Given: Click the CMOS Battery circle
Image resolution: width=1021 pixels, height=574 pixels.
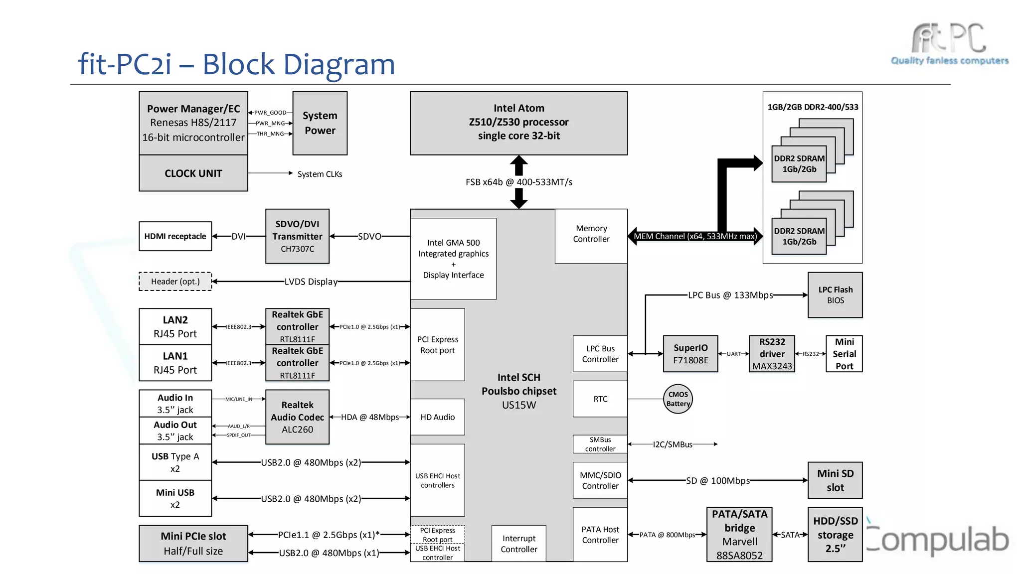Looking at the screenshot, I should pyautogui.click(x=678, y=399).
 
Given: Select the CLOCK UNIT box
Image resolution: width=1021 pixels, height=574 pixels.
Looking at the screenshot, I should pyautogui.click(x=193, y=173).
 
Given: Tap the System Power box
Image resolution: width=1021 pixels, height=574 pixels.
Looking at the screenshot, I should pyautogui.click(x=320, y=123).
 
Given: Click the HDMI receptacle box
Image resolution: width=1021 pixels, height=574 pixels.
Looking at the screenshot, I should pyautogui.click(x=175, y=236).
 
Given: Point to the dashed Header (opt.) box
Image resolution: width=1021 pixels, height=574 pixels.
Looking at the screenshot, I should pyautogui.click(x=175, y=282).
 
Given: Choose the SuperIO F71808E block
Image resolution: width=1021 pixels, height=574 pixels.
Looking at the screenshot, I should pyautogui.click(x=690, y=354).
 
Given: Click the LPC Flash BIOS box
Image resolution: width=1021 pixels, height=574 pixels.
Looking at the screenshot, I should pyautogui.click(x=835, y=295).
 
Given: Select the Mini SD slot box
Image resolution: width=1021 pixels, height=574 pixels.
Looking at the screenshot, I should pyautogui.click(x=835, y=480).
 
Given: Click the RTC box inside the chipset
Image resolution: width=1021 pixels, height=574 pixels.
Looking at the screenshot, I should pyautogui.click(x=600, y=399).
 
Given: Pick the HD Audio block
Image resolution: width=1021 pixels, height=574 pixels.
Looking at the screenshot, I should pyautogui.click(x=437, y=417).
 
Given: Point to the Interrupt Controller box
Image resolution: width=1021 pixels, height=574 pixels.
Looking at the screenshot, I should pyautogui.click(x=518, y=544).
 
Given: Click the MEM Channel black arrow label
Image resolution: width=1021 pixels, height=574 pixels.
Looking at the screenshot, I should pyautogui.click(x=695, y=236).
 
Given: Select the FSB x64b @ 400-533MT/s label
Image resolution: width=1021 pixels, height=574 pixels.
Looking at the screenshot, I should pyautogui.click(x=518, y=182).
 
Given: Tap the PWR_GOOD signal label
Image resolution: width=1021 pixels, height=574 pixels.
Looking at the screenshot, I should pyautogui.click(x=270, y=113).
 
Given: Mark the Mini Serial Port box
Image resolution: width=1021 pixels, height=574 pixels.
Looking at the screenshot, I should pyautogui.click(x=844, y=354).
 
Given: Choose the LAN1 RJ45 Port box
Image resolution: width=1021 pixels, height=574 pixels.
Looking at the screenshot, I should pyautogui.click(x=175, y=363).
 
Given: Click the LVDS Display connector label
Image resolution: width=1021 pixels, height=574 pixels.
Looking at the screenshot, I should pyautogui.click(x=311, y=282).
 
